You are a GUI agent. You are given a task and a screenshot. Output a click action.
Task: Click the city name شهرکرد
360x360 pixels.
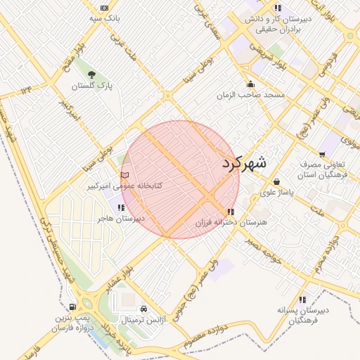click(x=244, y=162)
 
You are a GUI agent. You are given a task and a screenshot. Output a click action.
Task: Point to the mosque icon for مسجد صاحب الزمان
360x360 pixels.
click(x=250, y=83)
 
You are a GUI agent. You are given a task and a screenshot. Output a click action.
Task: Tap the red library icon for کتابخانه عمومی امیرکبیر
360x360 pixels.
click(x=125, y=174)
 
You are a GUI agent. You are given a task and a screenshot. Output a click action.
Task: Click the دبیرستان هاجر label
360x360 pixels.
click(x=121, y=219)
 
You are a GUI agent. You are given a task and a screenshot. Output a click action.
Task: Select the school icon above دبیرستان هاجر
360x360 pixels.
click(x=122, y=207)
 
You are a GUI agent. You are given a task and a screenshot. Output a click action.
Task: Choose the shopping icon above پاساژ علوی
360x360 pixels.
click(x=276, y=181)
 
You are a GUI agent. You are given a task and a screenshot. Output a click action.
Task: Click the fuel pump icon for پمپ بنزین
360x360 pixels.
click(x=72, y=307)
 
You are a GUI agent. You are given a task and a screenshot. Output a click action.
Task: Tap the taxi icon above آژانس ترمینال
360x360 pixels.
click(x=143, y=309)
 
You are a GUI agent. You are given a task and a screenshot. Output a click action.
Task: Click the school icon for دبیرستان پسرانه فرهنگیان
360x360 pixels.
click(x=302, y=300)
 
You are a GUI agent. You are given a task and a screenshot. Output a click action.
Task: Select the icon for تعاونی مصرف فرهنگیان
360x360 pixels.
click(x=322, y=155)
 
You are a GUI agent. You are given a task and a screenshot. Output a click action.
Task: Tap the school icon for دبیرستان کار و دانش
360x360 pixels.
click(x=278, y=8)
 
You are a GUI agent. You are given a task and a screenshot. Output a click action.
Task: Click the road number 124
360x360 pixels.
click(x=27, y=89)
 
